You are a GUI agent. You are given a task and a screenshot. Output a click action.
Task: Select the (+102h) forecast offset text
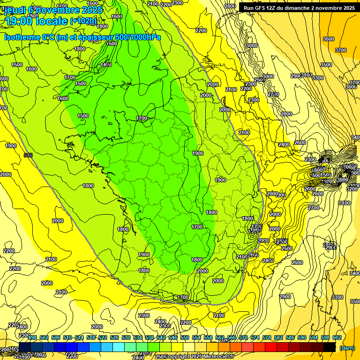point(83,21)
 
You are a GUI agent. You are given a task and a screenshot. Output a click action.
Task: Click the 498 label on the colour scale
point(32,337)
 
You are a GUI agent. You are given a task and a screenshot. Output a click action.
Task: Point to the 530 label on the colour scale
point(126,337)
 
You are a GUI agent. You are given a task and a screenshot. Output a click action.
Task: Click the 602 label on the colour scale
point(337,337)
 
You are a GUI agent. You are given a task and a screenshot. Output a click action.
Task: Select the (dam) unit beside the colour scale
point(347,347)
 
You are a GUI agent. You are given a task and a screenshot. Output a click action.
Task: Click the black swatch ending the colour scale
point(330,347)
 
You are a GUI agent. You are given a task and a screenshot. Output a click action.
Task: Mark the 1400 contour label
point(106,65)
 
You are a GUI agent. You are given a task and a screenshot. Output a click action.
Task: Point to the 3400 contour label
point(354,273)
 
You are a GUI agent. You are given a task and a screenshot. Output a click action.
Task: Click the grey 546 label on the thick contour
point(28,154)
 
